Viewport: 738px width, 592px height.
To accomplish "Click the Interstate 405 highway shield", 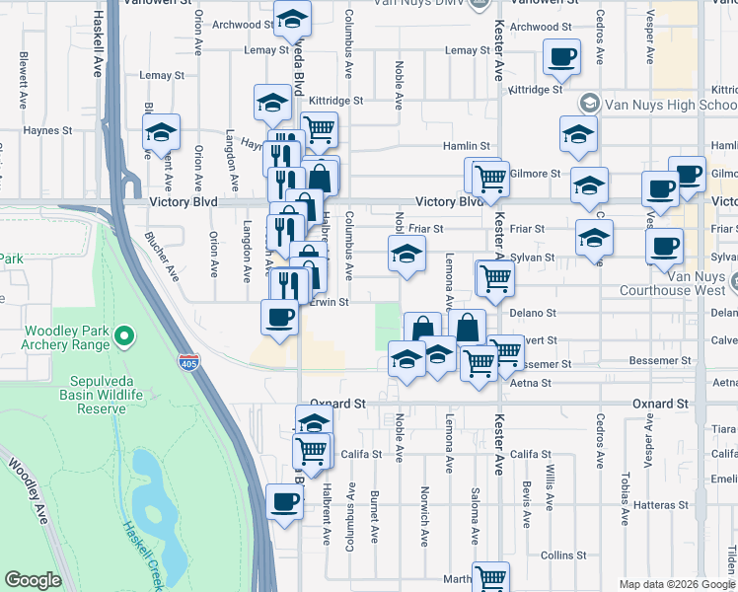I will click(186, 362).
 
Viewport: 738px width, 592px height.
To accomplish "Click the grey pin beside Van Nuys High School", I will click(590, 103).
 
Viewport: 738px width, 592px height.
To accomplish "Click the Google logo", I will click(33, 580).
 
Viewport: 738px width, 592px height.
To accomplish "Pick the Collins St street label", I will click(563, 555).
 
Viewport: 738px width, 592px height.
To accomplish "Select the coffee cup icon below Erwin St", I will click(279, 318).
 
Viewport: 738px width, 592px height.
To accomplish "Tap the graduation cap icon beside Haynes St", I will click(162, 133).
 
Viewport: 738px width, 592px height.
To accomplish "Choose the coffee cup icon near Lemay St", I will click(561, 56).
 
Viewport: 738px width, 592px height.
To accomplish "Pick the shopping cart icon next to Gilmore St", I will click(490, 178).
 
